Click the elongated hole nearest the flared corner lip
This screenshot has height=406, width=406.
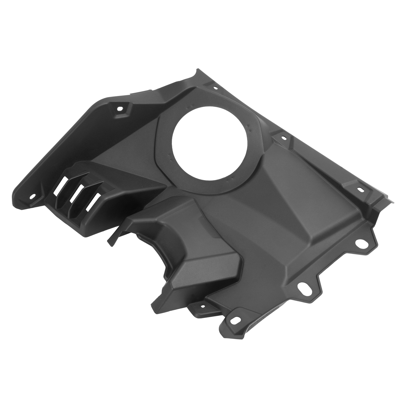(360, 189)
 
